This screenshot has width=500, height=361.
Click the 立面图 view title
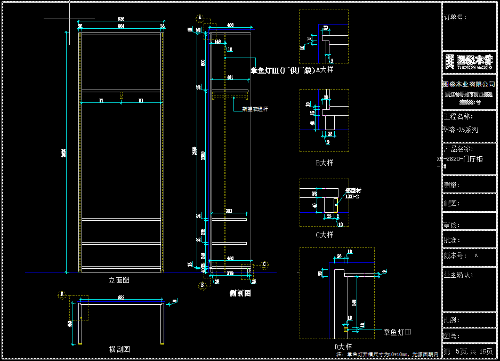coord(119,280)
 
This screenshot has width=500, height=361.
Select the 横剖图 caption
coord(119,349)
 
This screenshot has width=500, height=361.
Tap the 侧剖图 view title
coord(240,293)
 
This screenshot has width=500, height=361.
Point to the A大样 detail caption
coord(325,70)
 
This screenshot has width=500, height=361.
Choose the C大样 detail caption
coord(325,234)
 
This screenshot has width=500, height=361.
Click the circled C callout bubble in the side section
coord(264,263)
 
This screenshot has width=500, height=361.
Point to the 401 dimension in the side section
coord(230,78)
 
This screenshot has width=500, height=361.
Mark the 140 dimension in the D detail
coord(353,303)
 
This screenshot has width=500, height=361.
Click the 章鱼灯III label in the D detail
coord(398,332)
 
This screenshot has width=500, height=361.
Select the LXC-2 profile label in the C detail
coord(352,197)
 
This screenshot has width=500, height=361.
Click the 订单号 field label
coord(455,17)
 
